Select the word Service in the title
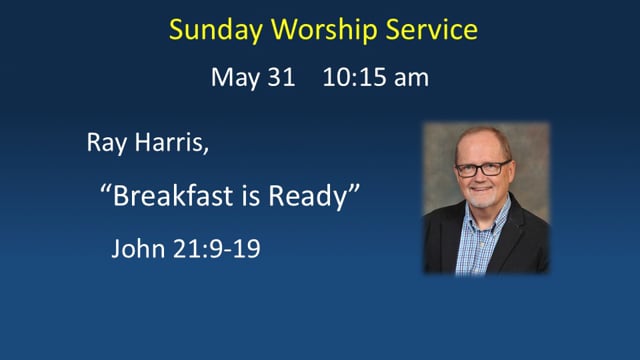point(431,29)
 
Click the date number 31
point(281,77)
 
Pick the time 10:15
point(354,77)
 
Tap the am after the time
point(411,79)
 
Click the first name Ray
point(107,143)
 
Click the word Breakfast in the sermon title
point(173,195)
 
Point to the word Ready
point(306,197)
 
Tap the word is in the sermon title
point(251,196)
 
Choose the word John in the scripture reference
point(138,248)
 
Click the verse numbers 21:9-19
point(217,248)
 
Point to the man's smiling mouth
point(481,189)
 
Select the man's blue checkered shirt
point(481,241)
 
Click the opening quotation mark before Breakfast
point(105,189)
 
